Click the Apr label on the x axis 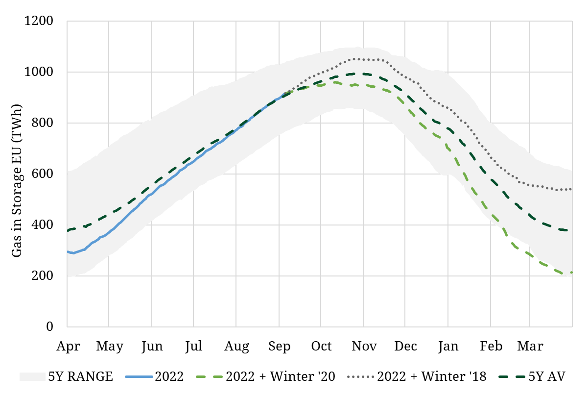click(68, 346)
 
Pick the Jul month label click(194, 346)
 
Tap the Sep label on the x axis click(279, 346)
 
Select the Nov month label click(363, 346)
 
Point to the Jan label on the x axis click(448, 346)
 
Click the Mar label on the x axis click(530, 346)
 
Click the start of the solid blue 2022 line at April click(68, 251)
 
